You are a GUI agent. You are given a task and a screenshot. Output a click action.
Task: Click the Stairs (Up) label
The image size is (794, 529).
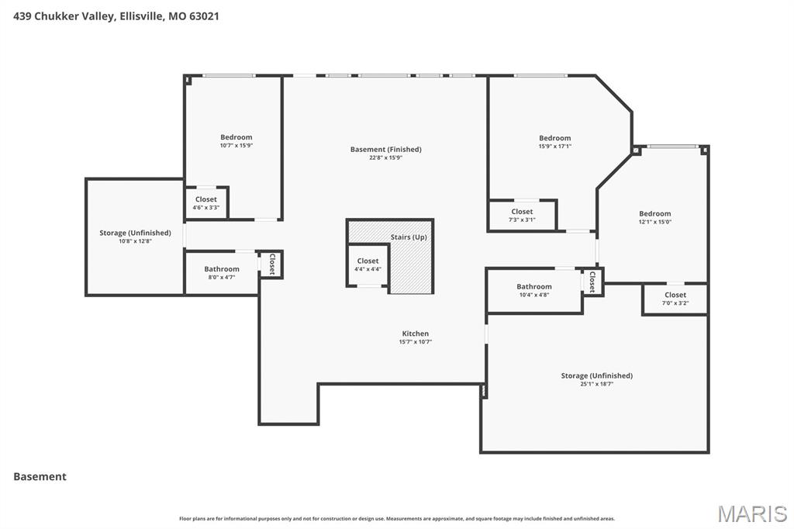(x=408, y=237)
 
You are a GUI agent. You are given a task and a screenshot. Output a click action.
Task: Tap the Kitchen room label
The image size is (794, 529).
(x=415, y=334)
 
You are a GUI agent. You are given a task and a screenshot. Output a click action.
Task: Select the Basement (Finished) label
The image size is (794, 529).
(x=385, y=149)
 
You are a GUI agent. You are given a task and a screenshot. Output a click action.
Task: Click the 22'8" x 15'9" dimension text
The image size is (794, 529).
(x=385, y=157)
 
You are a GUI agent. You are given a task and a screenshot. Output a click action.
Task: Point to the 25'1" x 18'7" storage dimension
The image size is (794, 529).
(x=596, y=384)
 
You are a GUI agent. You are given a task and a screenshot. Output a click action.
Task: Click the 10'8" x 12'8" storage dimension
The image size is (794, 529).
(x=135, y=241)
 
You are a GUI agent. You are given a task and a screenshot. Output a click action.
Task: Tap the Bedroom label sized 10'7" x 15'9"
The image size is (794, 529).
(x=236, y=137)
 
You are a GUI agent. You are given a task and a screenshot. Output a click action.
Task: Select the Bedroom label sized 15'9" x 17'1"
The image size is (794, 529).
(x=554, y=138)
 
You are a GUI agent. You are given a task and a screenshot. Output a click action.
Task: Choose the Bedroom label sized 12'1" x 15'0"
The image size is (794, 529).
(x=654, y=213)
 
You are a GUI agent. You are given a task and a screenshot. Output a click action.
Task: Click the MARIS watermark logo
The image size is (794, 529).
(x=751, y=513)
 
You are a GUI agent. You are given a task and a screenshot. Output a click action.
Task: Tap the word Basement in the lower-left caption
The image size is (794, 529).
(x=40, y=476)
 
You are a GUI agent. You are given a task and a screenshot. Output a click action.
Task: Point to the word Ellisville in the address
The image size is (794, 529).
(x=140, y=16)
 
